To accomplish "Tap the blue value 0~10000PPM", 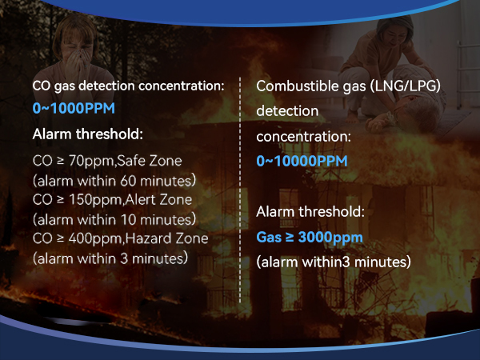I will coord(302,162).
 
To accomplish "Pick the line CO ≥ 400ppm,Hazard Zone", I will coord(120,238).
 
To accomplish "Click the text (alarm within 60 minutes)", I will coord(114,180).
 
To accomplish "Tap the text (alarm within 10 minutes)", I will coord(114,218).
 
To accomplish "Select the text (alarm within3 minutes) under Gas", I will coord(334,262).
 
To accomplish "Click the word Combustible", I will coord(298,86).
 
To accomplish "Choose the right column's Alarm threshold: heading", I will coord(310,213).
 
